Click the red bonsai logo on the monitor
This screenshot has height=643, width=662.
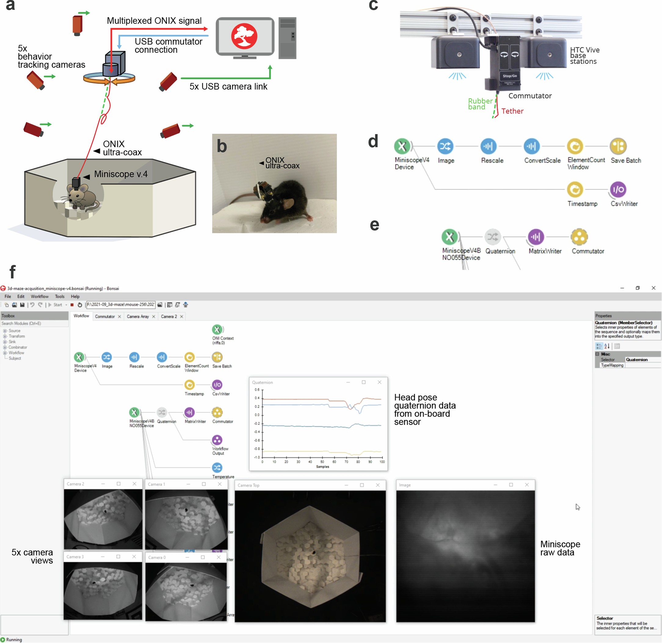(x=244, y=36)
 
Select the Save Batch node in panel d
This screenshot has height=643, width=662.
(x=618, y=146)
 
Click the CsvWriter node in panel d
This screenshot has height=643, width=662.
(x=618, y=190)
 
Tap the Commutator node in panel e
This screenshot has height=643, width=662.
(x=579, y=237)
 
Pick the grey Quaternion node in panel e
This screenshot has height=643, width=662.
(x=493, y=237)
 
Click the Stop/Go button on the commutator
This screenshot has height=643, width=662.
(x=509, y=76)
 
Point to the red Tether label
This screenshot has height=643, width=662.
(x=512, y=111)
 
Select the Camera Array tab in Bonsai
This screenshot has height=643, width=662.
(x=138, y=316)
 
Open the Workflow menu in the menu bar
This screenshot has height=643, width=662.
(x=39, y=296)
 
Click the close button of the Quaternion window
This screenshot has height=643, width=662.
(x=379, y=382)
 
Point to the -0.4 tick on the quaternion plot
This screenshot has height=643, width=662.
(x=257, y=432)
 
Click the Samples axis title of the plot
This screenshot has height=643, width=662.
(x=322, y=467)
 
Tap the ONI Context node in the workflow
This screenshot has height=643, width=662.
(x=217, y=329)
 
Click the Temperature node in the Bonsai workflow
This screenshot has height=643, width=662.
(x=217, y=468)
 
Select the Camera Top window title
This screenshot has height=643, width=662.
(x=248, y=485)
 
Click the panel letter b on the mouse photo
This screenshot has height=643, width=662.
(x=222, y=146)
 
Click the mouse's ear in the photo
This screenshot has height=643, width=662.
(x=288, y=203)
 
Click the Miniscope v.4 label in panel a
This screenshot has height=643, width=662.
(x=121, y=174)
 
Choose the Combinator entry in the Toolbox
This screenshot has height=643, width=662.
(x=18, y=347)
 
